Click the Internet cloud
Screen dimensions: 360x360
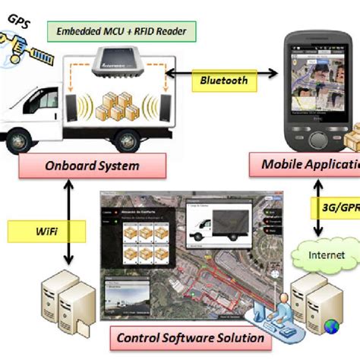coord(327,254)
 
